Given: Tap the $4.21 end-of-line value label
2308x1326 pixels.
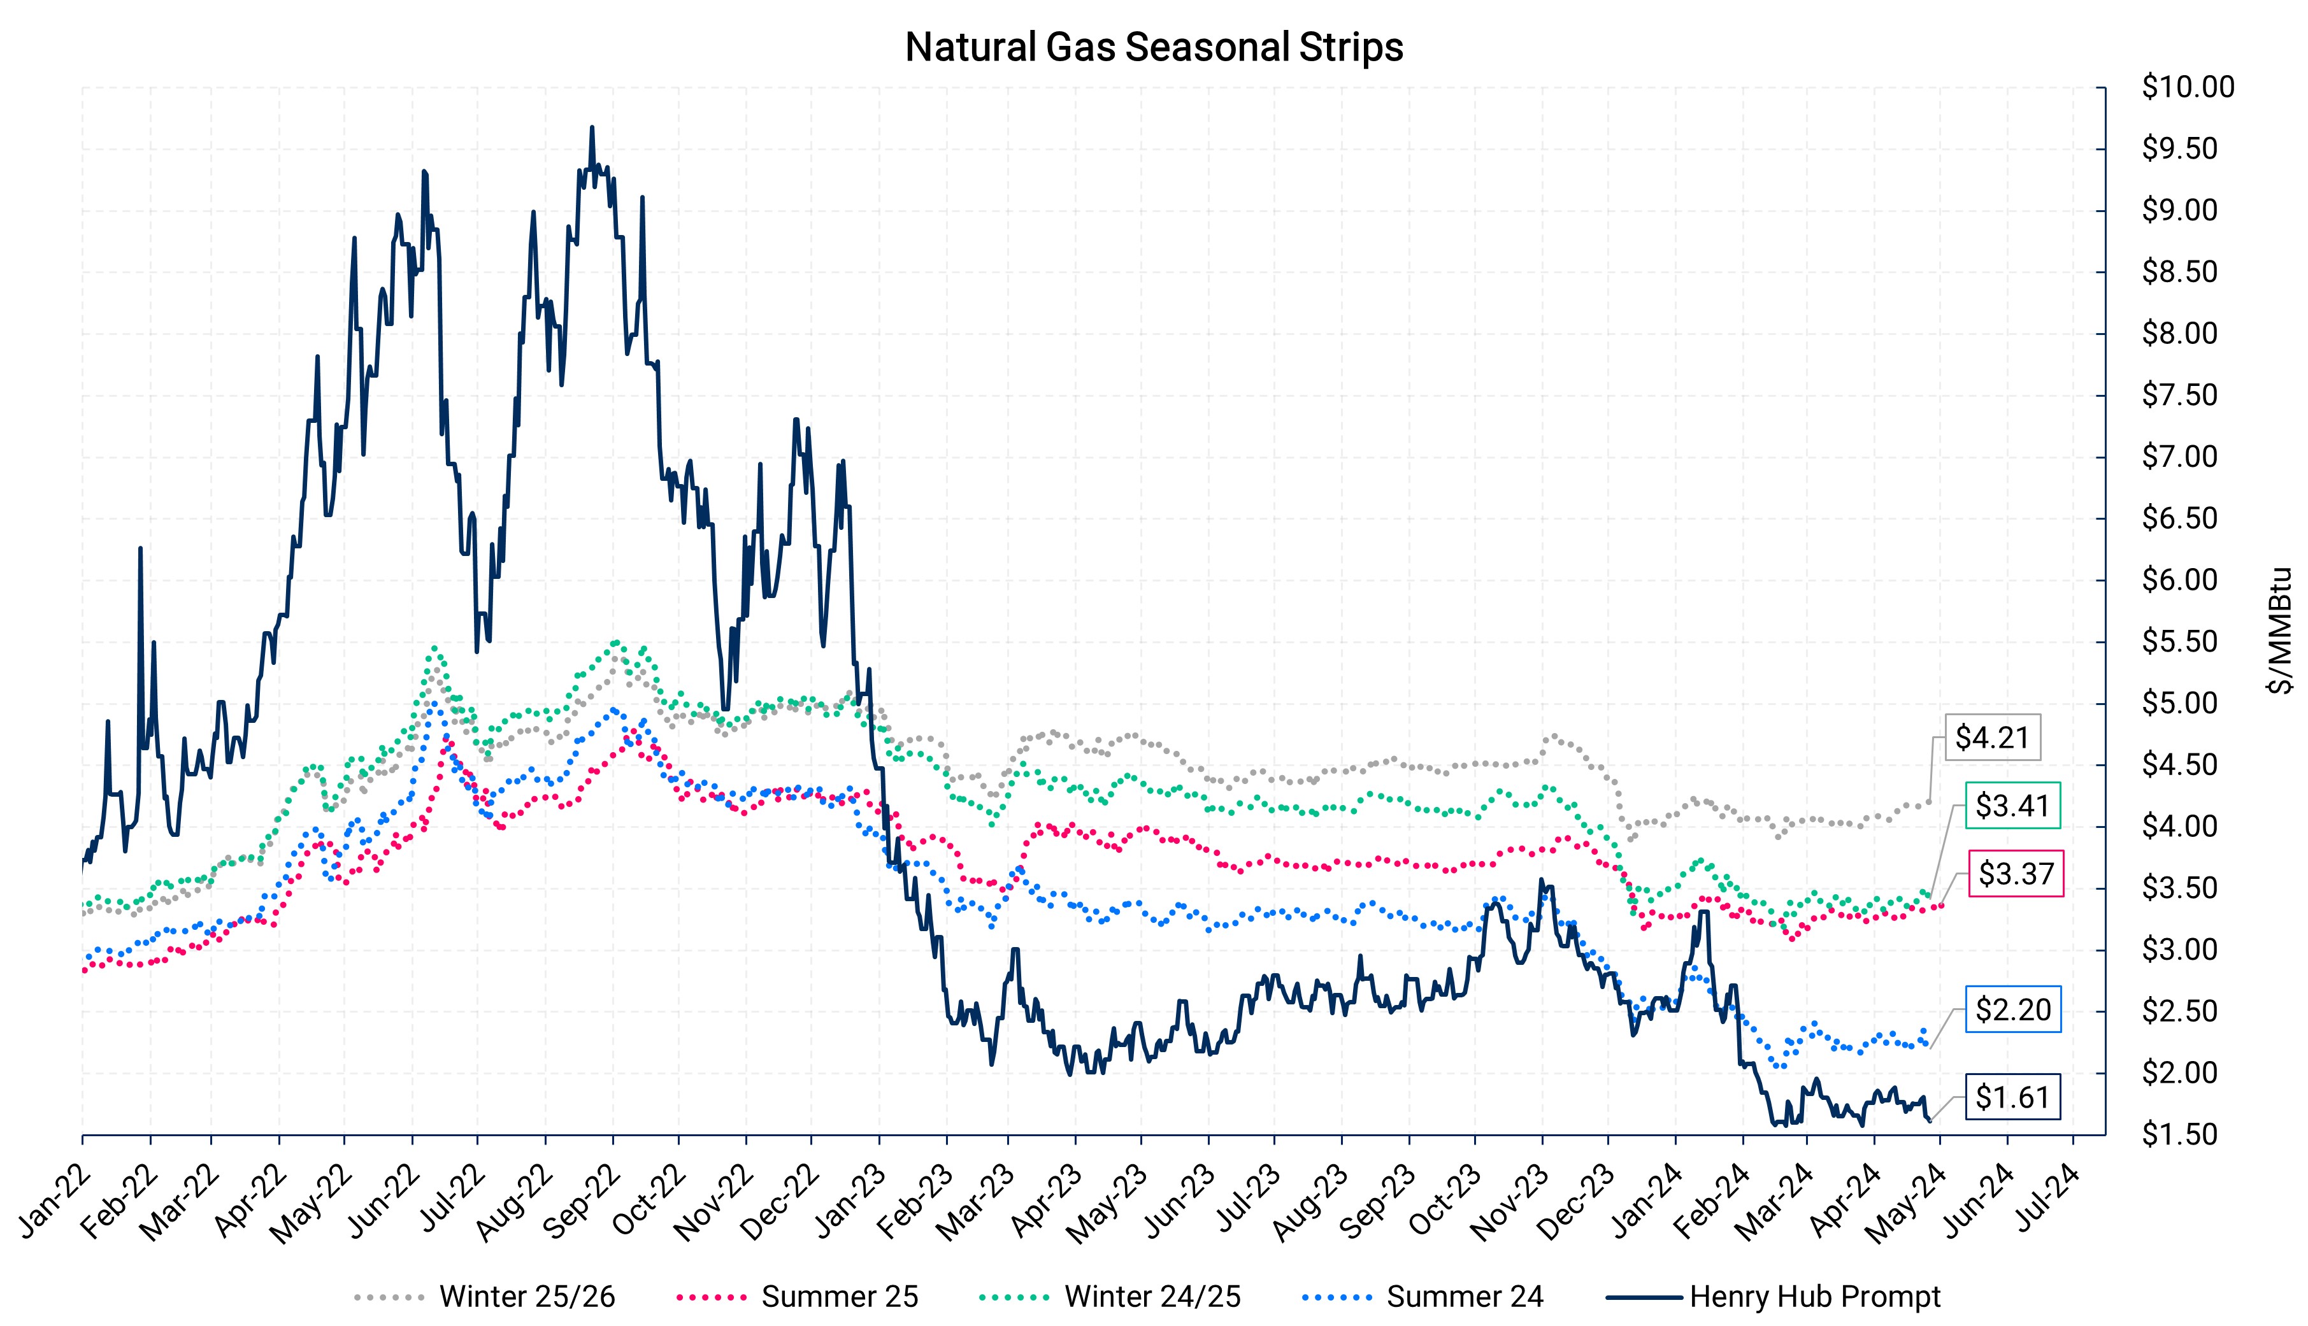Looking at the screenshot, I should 1992,738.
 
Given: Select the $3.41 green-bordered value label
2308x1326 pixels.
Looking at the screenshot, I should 2012,806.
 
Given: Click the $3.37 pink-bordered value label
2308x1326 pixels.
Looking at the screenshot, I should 2016,874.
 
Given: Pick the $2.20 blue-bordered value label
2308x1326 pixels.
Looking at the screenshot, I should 2013,1010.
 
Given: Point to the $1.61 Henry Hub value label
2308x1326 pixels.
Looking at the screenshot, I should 2012,1097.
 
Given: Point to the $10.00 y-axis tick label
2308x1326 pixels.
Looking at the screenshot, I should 2187,87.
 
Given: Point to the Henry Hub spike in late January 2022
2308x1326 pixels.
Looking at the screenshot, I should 140,548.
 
